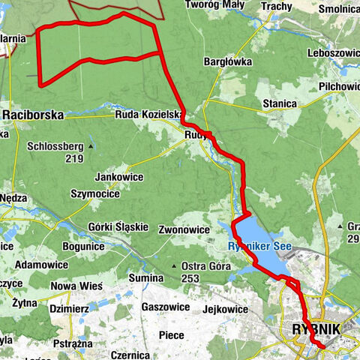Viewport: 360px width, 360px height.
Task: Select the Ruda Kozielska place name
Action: (x=148, y=115)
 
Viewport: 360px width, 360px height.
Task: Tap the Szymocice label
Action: (x=94, y=193)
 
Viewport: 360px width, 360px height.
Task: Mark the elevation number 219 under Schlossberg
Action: (x=73, y=159)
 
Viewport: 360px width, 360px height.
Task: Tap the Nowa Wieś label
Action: (x=76, y=286)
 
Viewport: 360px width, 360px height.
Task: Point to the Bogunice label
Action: (x=82, y=246)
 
